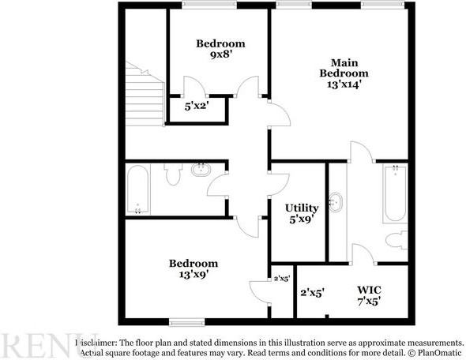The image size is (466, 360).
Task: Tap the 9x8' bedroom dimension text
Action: [220, 55]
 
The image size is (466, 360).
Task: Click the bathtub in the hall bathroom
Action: [138, 189]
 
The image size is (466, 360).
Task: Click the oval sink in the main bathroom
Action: [337, 201]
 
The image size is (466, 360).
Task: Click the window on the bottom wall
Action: [186, 321]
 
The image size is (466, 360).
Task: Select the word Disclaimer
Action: [96, 342]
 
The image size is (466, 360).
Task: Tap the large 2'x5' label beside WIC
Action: [312, 292]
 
